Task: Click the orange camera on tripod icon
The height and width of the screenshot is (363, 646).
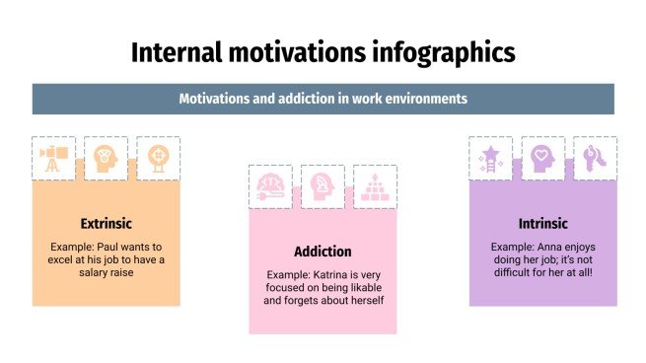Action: click(53, 158)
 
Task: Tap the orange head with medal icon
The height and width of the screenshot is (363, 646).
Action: click(105, 158)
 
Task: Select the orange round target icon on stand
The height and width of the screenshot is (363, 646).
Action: click(158, 158)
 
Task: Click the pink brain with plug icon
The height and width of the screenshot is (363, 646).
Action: click(270, 186)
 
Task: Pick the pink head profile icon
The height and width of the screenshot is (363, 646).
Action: click(323, 186)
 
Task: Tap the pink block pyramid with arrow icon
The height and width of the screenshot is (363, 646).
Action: click(375, 186)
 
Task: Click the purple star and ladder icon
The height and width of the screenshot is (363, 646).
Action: click(490, 158)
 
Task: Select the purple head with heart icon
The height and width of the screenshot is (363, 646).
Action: click(542, 158)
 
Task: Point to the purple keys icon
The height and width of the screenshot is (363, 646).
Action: click(595, 158)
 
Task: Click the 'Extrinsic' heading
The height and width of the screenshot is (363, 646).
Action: click(107, 223)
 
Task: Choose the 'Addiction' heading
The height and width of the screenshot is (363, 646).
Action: click(323, 251)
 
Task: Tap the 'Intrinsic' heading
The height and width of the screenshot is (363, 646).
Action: click(542, 223)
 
